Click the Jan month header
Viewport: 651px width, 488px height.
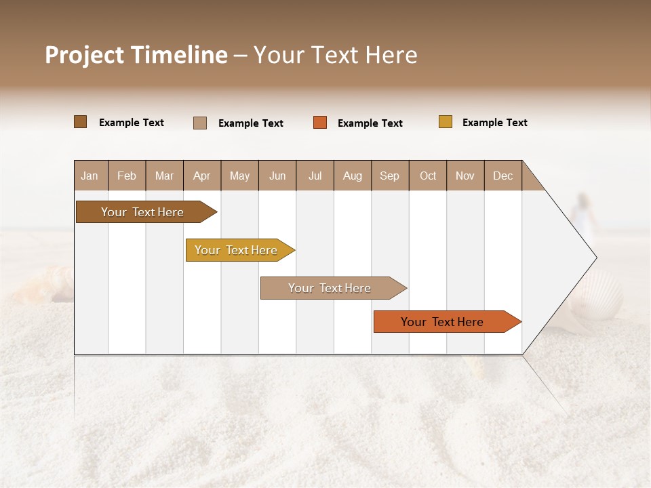(90, 176)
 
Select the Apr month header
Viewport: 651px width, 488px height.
(201, 176)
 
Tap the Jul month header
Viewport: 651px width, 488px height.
(315, 176)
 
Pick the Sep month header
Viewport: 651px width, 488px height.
(389, 176)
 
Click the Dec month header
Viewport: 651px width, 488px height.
(502, 176)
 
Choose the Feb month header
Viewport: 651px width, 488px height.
(127, 176)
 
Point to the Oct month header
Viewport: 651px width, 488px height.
(427, 176)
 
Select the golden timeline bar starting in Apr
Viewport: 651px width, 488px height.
(237, 250)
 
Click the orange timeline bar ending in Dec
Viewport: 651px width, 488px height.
(444, 322)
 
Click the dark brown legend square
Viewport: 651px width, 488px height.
(80, 122)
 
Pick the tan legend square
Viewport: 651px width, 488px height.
(199, 123)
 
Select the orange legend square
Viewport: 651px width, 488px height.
(319, 123)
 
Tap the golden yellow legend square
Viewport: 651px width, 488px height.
(445, 122)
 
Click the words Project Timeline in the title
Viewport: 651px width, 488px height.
(136, 55)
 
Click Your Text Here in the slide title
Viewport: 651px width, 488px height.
(335, 55)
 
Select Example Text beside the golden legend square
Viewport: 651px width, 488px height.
(494, 123)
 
